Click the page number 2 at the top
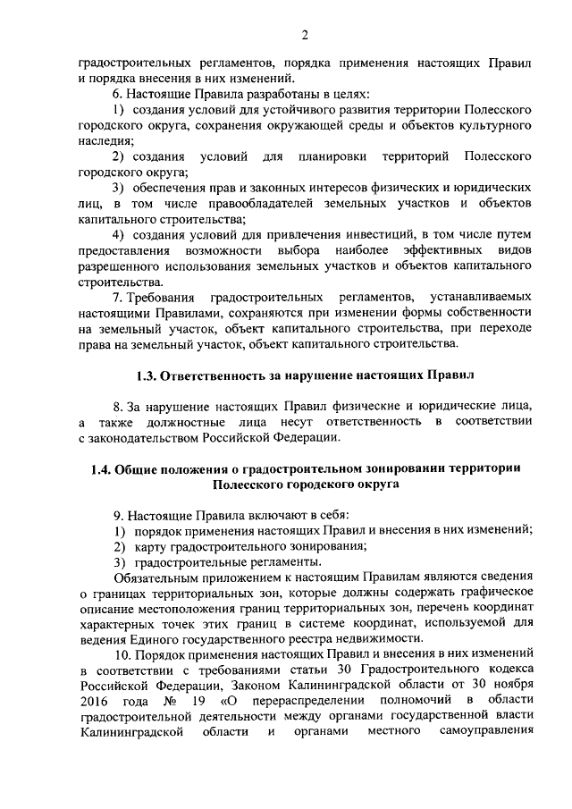pos(305,35)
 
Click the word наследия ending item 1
pos(105,140)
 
